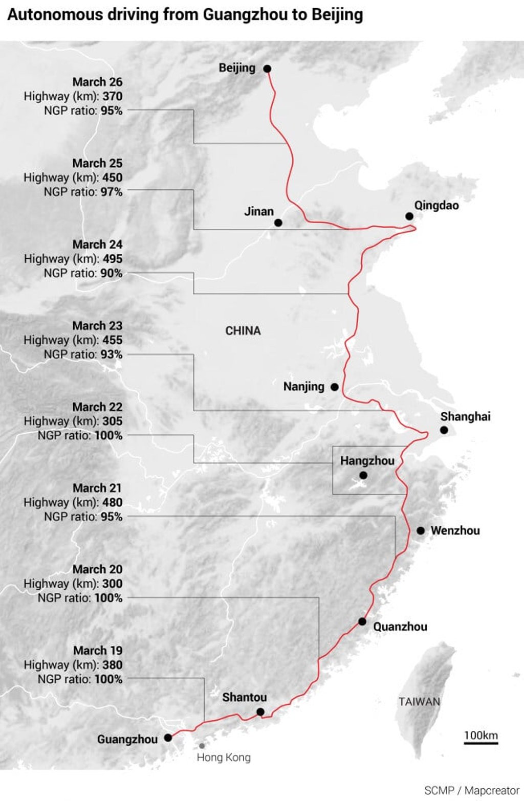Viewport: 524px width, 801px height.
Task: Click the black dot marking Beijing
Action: [267, 69]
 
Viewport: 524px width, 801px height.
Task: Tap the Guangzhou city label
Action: [127, 739]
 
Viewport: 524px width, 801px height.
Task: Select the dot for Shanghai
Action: [444, 430]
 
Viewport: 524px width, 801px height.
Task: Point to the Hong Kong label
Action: [224, 757]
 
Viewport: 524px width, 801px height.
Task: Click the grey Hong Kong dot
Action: [202, 746]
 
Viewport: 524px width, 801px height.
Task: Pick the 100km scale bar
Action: [481, 742]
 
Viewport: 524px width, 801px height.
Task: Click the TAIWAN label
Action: [419, 701]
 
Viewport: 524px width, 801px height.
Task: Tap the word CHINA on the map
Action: [243, 331]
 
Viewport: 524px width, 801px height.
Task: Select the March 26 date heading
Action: [97, 82]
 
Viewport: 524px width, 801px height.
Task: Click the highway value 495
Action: [112, 259]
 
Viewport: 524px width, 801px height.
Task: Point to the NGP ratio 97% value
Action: [111, 192]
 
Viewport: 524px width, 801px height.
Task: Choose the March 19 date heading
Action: [98, 651]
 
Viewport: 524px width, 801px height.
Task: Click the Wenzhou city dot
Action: [421, 531]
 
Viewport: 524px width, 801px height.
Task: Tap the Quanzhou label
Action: [400, 627]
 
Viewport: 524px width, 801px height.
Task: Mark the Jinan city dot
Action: [278, 223]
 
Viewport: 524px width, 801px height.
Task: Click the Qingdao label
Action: [436, 206]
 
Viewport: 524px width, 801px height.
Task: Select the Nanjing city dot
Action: [335, 387]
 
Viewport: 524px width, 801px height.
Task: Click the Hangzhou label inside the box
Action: [367, 461]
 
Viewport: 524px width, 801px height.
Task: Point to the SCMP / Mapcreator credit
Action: [471, 790]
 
